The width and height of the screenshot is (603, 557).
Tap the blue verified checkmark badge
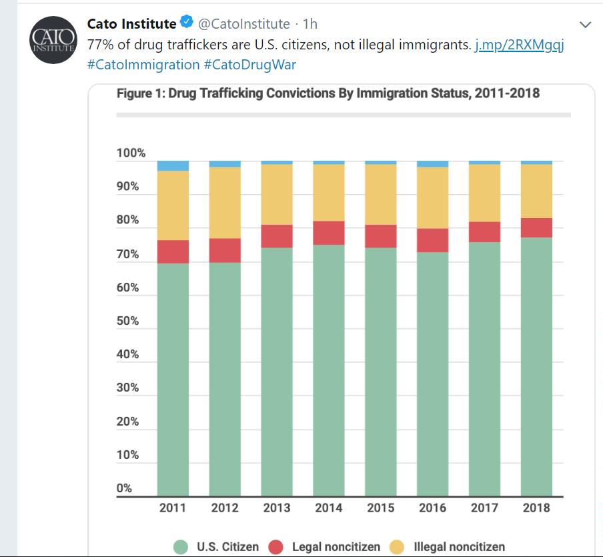(x=187, y=24)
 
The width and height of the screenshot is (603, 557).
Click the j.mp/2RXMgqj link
(x=520, y=47)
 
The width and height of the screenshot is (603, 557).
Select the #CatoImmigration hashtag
(x=143, y=65)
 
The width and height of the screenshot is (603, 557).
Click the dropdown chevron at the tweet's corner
(x=586, y=25)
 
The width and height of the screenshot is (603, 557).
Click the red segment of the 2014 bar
(x=329, y=233)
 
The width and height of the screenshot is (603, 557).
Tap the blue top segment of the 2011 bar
(x=173, y=165)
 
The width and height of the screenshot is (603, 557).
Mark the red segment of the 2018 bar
(x=536, y=227)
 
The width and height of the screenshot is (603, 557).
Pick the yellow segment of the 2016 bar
(x=432, y=197)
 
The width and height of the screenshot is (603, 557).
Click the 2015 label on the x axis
(x=381, y=508)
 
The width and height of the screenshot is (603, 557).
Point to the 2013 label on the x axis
(x=277, y=508)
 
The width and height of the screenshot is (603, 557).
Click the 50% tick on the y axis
(x=127, y=321)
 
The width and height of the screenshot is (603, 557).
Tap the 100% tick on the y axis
(x=131, y=153)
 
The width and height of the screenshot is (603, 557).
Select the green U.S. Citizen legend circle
(x=181, y=547)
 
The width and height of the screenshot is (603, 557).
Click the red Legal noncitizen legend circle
(x=276, y=547)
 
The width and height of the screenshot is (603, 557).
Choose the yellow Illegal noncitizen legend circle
(x=398, y=547)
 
